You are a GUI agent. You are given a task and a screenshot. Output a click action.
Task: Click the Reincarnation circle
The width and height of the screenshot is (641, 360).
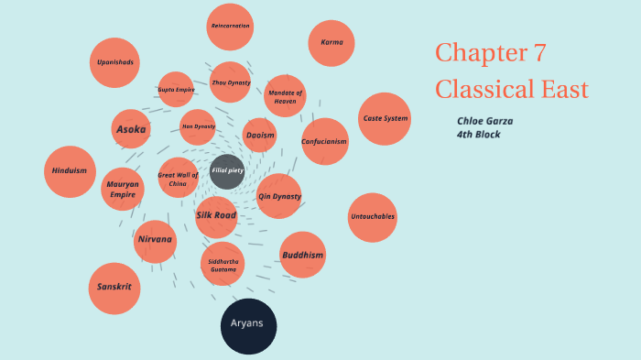230,27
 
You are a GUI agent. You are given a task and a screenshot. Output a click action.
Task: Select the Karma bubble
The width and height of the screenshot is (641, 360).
331,43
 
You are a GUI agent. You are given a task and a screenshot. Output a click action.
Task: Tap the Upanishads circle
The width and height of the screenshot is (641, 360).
115,62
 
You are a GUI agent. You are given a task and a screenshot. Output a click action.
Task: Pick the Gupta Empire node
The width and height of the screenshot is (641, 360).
176,90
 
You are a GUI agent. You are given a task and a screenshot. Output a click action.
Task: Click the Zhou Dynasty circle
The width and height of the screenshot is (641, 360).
231,82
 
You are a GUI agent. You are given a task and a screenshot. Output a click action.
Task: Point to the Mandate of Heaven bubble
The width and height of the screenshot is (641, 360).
285,96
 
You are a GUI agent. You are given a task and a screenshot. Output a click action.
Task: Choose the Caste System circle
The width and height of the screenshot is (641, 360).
385,119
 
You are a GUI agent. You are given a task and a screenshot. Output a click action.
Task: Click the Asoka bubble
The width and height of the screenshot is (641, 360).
131,129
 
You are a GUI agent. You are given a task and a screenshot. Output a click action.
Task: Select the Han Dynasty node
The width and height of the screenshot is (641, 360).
198,126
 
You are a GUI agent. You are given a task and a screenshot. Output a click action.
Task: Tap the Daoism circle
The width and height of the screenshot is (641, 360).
260,136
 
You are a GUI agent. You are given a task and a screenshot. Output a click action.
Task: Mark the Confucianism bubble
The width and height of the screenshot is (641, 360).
324,141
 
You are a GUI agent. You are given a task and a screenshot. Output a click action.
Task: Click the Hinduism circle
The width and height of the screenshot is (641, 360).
70,171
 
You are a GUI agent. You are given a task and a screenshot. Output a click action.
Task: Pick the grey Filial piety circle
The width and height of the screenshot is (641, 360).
227,171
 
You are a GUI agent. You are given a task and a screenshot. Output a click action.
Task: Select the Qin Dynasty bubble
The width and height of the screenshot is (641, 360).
278,196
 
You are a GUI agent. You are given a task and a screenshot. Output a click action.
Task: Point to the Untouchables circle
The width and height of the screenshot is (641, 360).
373,217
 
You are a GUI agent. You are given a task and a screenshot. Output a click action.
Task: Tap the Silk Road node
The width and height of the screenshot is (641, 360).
216,216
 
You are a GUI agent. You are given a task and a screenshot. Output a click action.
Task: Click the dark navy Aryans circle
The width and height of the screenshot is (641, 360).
248,325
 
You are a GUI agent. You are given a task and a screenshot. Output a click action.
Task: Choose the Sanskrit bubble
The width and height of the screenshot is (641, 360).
114,288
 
